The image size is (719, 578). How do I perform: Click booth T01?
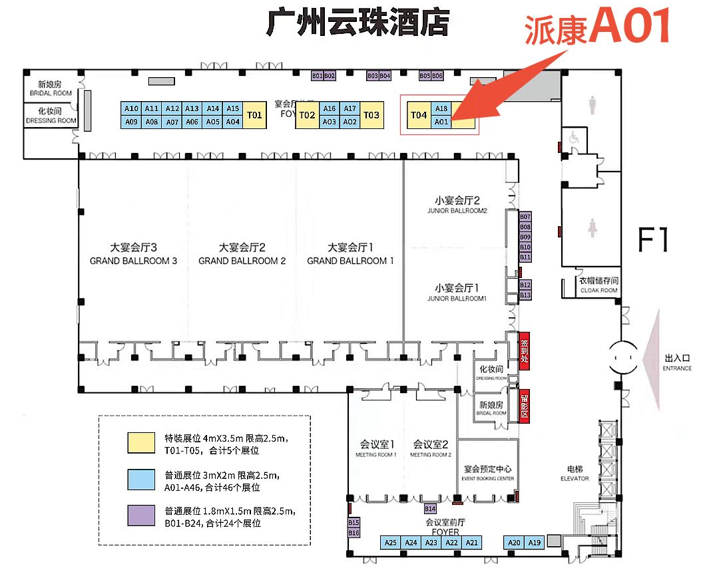[254, 115]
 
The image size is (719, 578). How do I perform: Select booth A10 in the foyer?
[131, 108]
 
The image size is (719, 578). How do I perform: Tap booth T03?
[371, 115]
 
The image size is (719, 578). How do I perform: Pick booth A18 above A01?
[441, 108]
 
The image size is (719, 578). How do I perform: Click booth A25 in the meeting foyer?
[391, 543]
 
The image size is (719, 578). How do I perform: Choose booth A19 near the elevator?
[534, 543]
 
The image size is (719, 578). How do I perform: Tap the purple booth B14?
[430, 509]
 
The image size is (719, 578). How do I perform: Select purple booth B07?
[525, 217]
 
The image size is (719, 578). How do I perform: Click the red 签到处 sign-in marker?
[524, 347]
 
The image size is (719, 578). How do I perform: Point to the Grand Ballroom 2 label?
[242, 255]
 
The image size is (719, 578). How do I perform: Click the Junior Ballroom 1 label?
[457, 293]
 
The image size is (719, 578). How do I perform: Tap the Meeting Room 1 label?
[377, 448]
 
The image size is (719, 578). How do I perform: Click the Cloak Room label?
[599, 285]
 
